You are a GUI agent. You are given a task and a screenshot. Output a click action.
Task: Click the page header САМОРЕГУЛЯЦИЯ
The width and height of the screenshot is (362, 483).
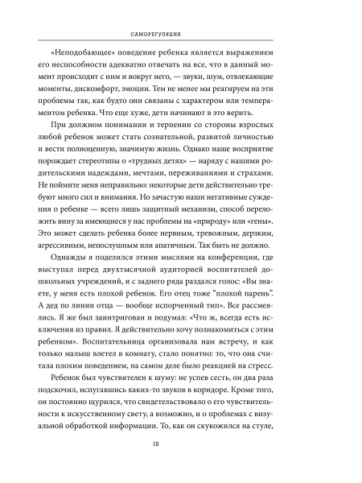click(181, 35)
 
